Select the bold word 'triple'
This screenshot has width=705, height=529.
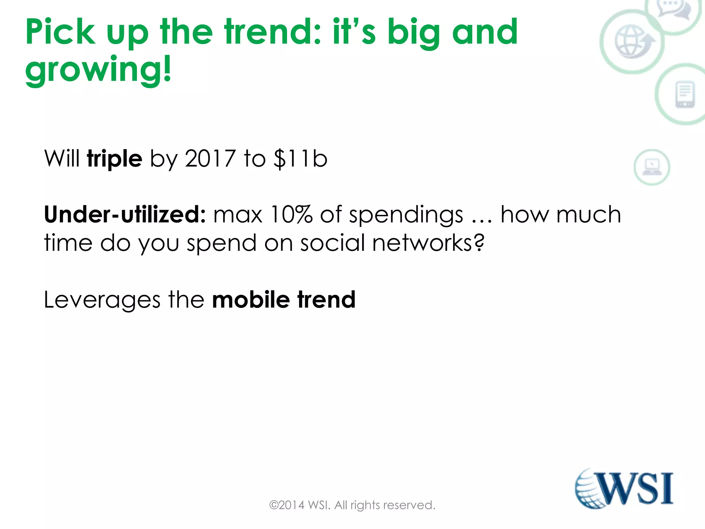click(x=114, y=159)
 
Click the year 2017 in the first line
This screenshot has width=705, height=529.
click(x=210, y=159)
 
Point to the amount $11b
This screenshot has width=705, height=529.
click(x=300, y=159)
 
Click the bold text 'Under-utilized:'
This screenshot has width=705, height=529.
click(x=125, y=215)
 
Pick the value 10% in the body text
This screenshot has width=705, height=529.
click(x=291, y=215)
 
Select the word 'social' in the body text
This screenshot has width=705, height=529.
click(x=332, y=243)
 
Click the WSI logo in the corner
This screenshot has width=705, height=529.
click(x=624, y=488)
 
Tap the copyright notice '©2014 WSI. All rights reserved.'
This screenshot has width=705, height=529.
click(x=352, y=505)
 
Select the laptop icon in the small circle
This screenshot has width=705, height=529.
click(x=652, y=167)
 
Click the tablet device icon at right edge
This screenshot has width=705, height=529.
click(x=685, y=94)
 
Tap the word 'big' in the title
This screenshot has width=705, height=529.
click(x=413, y=33)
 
